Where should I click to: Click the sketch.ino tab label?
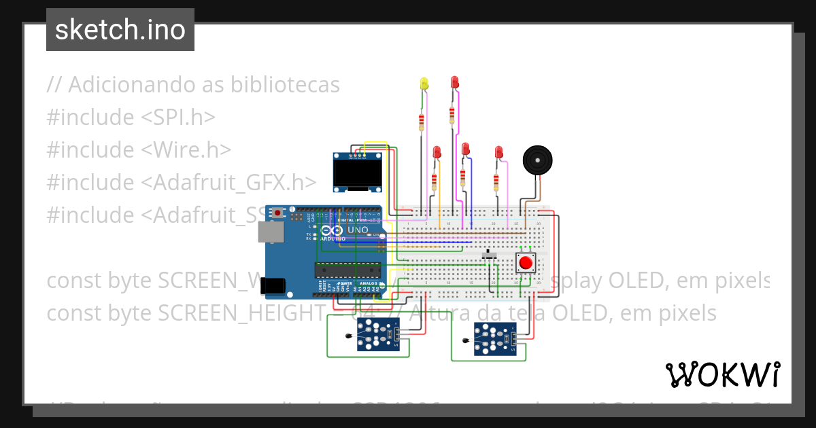pos(120,30)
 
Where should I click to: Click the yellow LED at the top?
pos(424,84)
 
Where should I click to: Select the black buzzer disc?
pos(537,161)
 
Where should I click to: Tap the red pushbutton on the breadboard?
pos(525,262)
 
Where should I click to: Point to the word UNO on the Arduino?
pos(358,230)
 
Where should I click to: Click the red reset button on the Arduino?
pos(277,213)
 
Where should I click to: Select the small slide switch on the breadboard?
pos(489,255)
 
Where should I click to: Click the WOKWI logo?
pos(722,374)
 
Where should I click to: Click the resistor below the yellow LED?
pos(422,122)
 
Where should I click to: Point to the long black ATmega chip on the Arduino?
pos(347,269)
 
